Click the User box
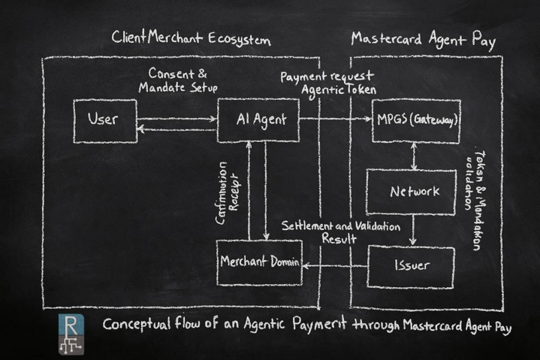[105, 121]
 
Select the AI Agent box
[258, 120]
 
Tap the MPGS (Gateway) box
[416, 121]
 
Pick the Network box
[411, 192]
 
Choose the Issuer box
[410, 266]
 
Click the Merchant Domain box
[259, 262]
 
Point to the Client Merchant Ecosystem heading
[191, 40]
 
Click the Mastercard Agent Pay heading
[423, 40]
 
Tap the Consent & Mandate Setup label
[177, 80]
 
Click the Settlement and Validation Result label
[341, 232]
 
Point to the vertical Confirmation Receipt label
[228, 192]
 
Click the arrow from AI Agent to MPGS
[335, 119]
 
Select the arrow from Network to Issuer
[413, 230]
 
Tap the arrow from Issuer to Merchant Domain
[334, 267]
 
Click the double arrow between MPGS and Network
[413, 156]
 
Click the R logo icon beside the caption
[71, 333]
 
